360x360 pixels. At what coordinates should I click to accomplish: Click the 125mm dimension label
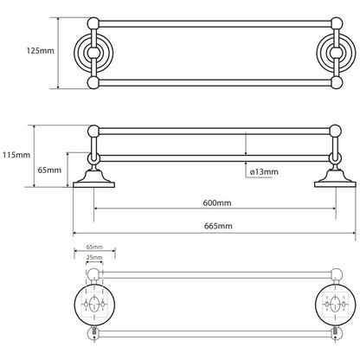pos(41,51)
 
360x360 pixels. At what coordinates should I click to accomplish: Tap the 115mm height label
pos(16,155)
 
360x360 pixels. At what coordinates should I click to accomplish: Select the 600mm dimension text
pos(217,202)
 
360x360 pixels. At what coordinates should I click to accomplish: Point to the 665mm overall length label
pos(218,226)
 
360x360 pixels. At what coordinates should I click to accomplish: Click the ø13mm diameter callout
pos(264,172)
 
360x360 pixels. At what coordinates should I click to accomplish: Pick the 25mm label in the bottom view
pos(94,257)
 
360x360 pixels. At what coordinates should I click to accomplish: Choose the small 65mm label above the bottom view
pos(94,247)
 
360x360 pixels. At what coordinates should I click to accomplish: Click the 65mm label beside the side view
pos(49,170)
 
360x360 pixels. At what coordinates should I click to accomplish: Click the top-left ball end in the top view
pos(93,23)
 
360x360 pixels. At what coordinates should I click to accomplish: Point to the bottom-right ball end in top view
pos(337,82)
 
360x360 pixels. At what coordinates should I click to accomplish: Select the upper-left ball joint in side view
pos(93,131)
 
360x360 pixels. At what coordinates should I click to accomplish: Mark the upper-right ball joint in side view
pos(336,131)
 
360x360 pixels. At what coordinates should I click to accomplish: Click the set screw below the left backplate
pos(94,331)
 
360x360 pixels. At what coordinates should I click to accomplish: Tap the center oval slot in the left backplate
pos(93,305)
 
